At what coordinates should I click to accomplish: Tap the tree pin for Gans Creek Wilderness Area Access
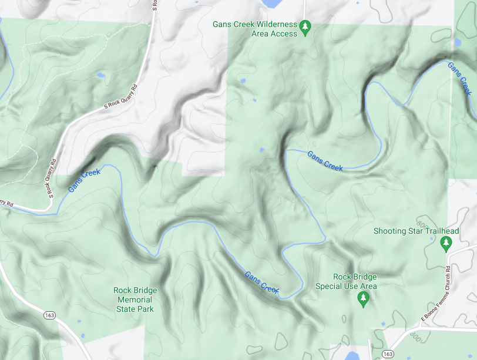tap(305, 27)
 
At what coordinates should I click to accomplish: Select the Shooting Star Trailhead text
tap(416, 231)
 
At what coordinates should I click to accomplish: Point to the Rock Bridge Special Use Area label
tap(346, 281)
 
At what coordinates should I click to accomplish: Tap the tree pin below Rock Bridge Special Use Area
tap(363, 300)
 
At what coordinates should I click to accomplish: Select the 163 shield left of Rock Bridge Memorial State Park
tap(49, 316)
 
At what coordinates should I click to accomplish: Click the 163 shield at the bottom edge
tap(387, 354)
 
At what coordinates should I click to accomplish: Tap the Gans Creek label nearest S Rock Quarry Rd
tap(85, 181)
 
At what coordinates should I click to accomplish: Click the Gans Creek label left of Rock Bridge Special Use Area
tap(261, 282)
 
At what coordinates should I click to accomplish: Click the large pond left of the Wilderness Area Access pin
tap(270, 4)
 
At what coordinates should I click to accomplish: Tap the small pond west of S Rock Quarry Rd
tap(100, 75)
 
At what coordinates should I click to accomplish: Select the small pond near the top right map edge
tap(457, 42)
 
